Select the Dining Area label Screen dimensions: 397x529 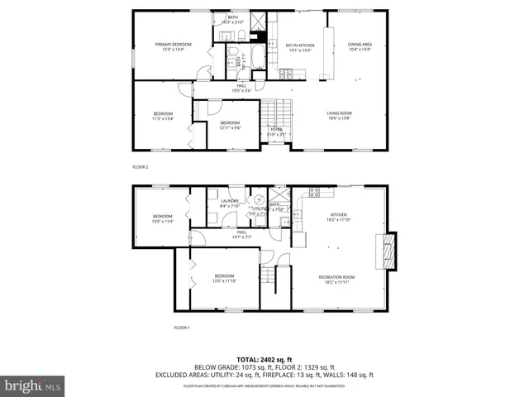359,46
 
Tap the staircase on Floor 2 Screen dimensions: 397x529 277,112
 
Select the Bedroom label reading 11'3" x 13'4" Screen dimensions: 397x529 163,116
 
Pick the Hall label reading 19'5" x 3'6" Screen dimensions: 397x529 241,88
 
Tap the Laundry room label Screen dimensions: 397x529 230,203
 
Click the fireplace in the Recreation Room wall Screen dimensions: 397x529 386,251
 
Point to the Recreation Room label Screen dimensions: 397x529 336,279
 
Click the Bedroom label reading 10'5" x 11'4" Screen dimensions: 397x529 162,219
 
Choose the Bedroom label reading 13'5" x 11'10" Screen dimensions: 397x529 224,278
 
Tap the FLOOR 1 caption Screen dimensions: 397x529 182,328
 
